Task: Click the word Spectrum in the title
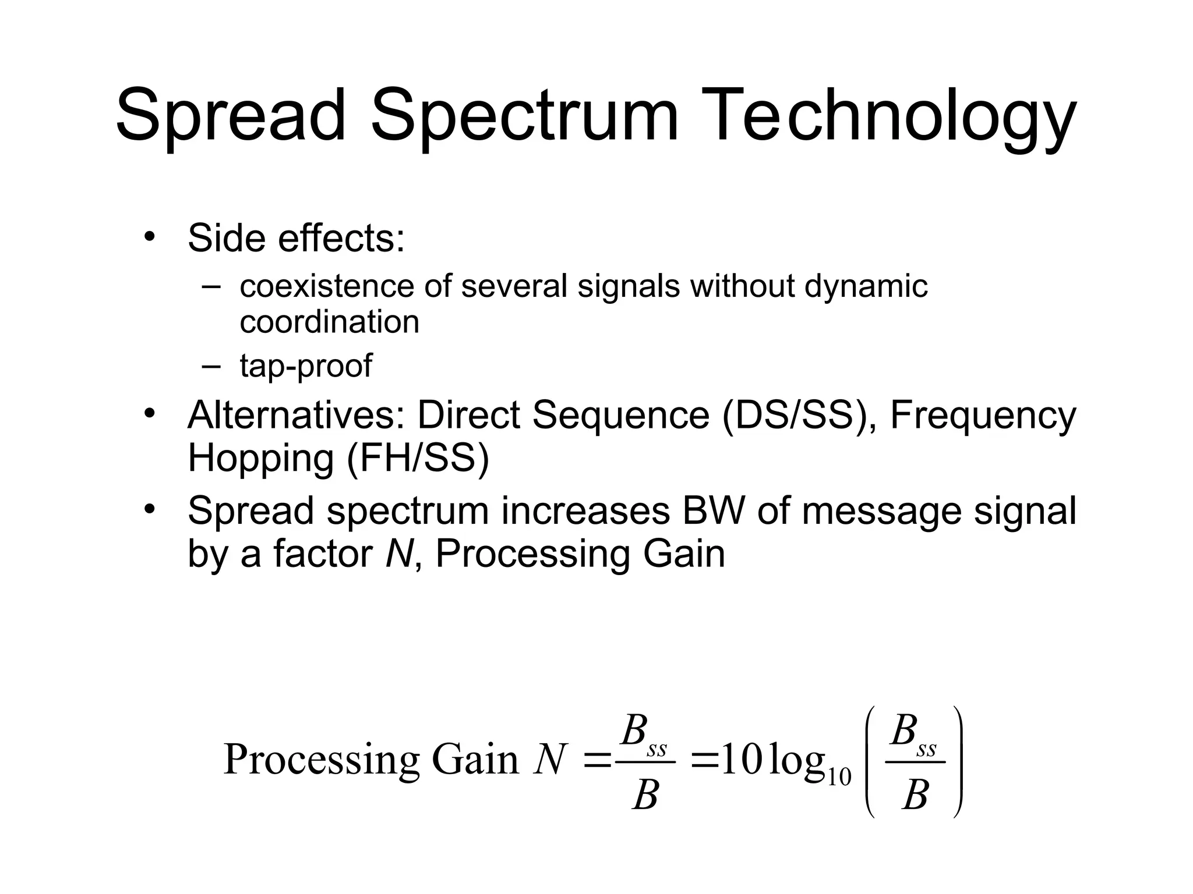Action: point(524,116)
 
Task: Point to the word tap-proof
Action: point(306,366)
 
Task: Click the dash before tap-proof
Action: point(211,366)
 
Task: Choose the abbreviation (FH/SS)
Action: point(418,458)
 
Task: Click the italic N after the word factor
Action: point(399,554)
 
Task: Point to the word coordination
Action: point(329,322)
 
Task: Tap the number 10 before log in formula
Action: point(742,760)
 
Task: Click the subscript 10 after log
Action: point(839,778)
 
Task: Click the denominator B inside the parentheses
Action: point(915,796)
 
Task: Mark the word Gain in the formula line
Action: point(475,760)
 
